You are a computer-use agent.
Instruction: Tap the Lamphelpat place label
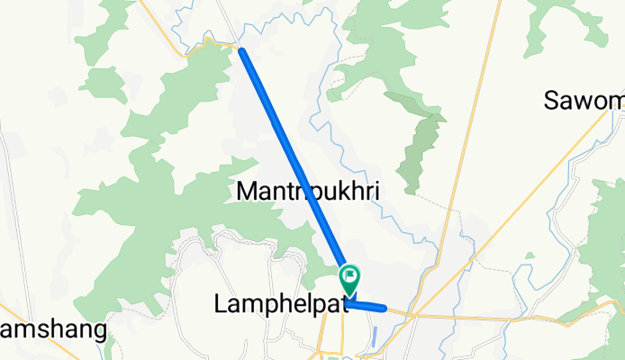click(x=281, y=305)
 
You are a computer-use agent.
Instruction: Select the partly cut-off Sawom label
click(x=584, y=101)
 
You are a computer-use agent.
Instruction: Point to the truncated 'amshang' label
click(x=53, y=329)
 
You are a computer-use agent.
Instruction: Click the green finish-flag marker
click(x=349, y=274)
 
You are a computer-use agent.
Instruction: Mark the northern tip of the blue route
click(x=242, y=51)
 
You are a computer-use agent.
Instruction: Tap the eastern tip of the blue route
click(x=385, y=309)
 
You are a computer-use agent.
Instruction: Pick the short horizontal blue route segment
click(x=367, y=307)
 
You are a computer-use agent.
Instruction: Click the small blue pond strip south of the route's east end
click(x=373, y=338)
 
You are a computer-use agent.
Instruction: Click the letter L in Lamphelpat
click(x=222, y=305)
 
